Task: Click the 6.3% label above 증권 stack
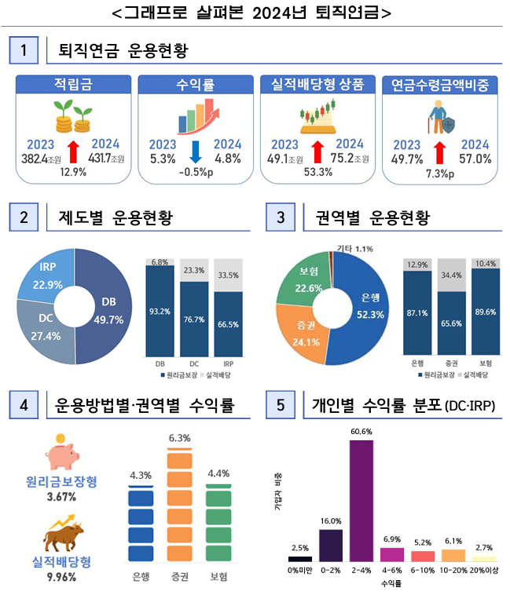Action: coord(179,437)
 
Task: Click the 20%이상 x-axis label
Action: coord(485,573)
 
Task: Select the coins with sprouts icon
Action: coord(72,118)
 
